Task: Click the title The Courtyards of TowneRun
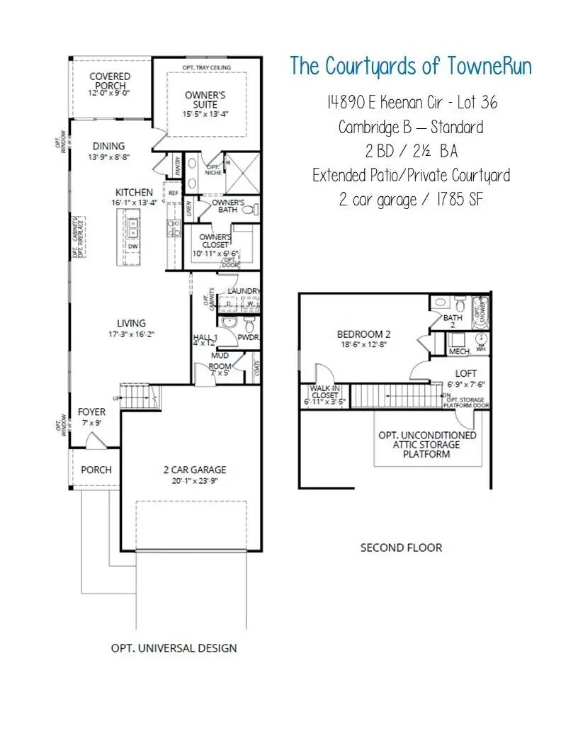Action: (411, 67)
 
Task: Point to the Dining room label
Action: (108, 146)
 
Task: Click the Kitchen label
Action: (134, 192)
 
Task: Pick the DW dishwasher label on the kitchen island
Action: (133, 246)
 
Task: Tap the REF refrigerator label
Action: (171, 191)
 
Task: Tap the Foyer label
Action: (91, 412)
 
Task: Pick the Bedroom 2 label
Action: (363, 334)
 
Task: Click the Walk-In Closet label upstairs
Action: (325, 392)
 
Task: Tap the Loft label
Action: (466, 373)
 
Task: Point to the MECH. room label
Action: (460, 351)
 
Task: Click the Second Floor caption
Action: (401, 548)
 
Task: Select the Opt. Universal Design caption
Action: (174, 647)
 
